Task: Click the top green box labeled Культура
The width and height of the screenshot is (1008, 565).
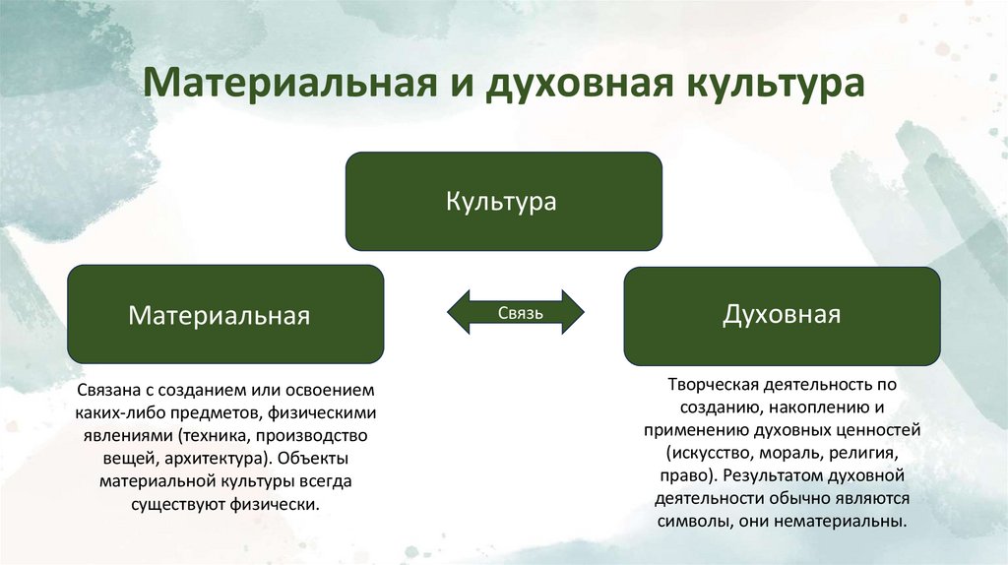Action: (x=502, y=202)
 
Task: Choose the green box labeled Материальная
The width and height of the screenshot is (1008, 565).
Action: (x=224, y=315)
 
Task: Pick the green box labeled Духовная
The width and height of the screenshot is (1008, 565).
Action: (x=782, y=315)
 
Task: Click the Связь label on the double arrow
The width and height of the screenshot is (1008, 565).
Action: (x=516, y=313)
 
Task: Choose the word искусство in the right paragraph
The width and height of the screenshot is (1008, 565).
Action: (x=712, y=454)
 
